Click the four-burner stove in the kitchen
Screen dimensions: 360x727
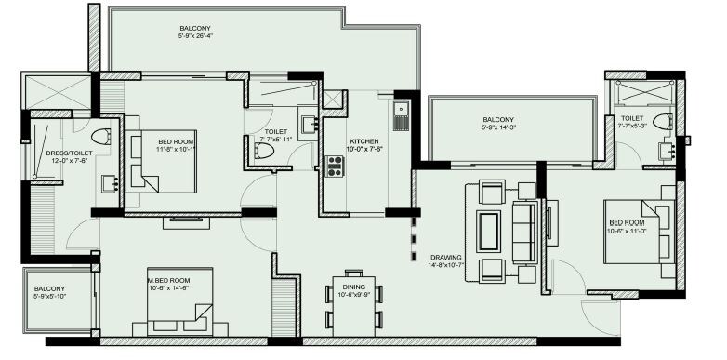coord(335,166)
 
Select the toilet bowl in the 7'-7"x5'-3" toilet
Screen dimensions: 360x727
coord(662,122)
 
